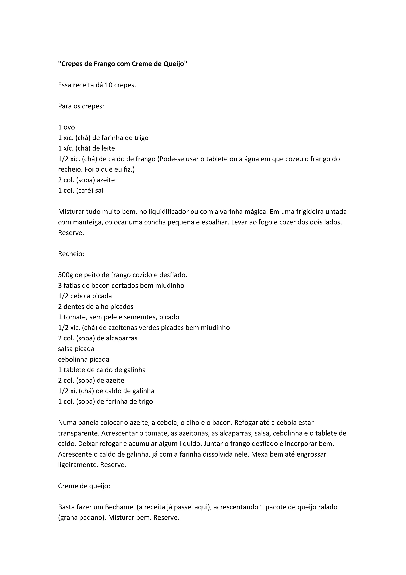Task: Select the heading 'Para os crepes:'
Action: [x=81, y=106]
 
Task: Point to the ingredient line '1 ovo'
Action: [x=67, y=127]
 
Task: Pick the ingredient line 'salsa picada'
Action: [x=76, y=349]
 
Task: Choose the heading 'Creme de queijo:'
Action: [x=84, y=486]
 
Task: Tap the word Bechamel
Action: [x=120, y=507]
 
